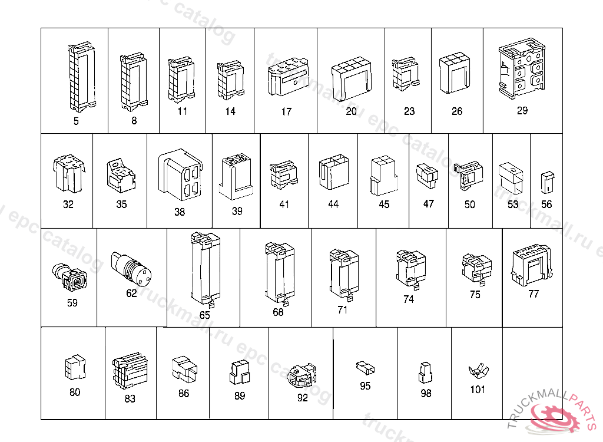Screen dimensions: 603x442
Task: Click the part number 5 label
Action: click(x=76, y=121)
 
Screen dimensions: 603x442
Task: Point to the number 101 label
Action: click(x=478, y=390)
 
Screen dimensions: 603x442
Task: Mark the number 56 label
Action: click(x=546, y=204)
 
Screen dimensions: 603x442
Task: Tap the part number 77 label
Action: click(x=533, y=293)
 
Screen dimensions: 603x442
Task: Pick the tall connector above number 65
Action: click(x=204, y=269)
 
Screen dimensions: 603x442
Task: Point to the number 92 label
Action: click(x=302, y=398)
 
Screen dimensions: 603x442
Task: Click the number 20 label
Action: click(x=351, y=111)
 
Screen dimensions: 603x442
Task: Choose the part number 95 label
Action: click(x=365, y=386)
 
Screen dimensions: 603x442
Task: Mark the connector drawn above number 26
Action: click(x=455, y=74)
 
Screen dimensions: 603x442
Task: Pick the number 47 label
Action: click(x=428, y=203)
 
